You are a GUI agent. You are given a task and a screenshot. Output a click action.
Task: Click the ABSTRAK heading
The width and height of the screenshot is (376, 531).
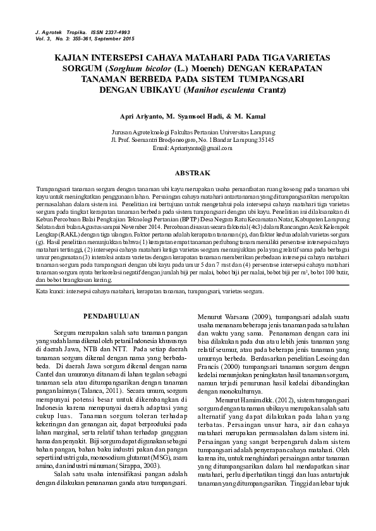click(188, 172)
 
